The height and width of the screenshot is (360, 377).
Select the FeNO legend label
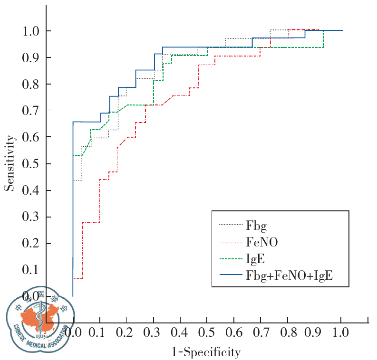262,242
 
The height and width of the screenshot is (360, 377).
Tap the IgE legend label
255,259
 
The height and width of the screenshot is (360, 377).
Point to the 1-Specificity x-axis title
206,352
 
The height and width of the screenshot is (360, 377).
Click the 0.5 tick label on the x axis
207,331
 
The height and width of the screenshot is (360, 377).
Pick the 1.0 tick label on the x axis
341,331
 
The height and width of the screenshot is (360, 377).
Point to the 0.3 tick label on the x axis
154,331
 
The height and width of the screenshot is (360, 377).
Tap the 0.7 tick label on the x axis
261,331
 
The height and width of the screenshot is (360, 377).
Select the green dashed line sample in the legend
230,259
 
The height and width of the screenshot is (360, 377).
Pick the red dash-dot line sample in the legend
230,242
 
